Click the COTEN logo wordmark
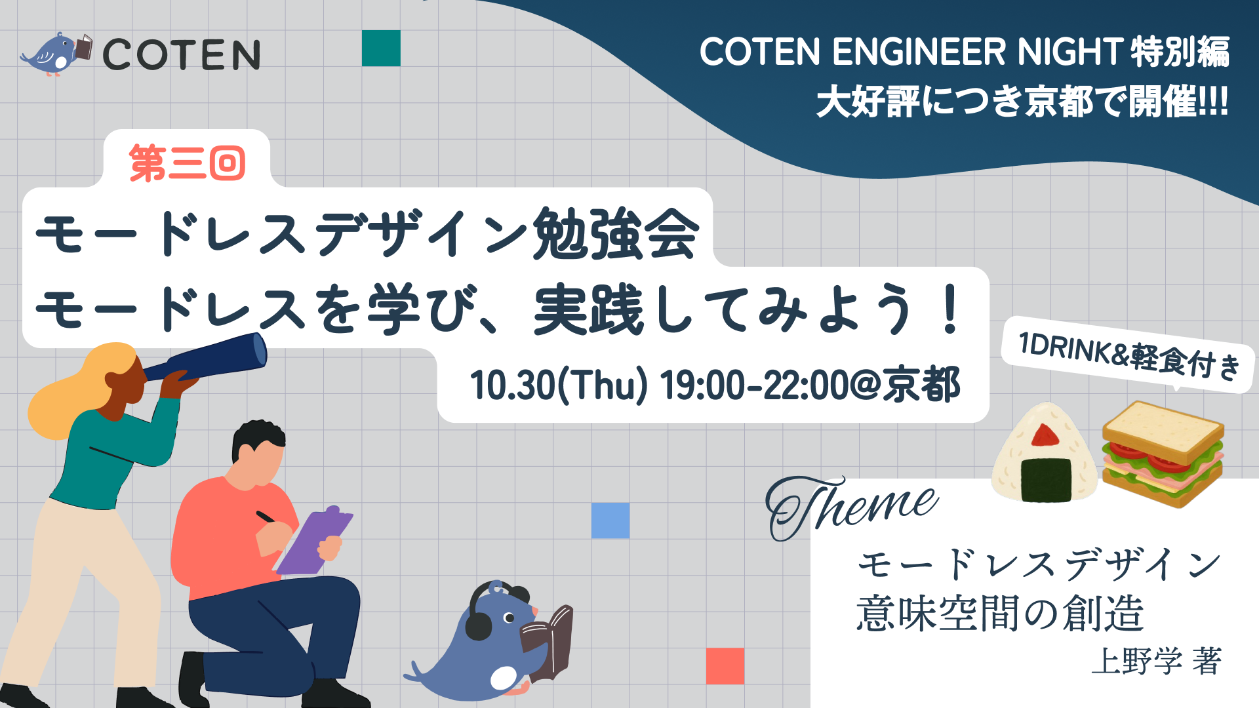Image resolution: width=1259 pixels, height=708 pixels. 181,54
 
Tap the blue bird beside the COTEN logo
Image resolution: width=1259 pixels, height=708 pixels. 54,54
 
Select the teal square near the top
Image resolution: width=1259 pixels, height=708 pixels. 381,48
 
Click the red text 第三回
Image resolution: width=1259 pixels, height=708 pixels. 188,163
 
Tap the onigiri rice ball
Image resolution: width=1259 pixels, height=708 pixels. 1044,456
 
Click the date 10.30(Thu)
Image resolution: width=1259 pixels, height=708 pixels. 558,385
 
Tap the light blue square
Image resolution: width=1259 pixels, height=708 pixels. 610,521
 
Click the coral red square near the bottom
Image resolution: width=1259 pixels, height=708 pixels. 725,665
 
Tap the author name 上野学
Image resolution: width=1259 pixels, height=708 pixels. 1137,661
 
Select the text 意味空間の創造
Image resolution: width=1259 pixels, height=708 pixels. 999,614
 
